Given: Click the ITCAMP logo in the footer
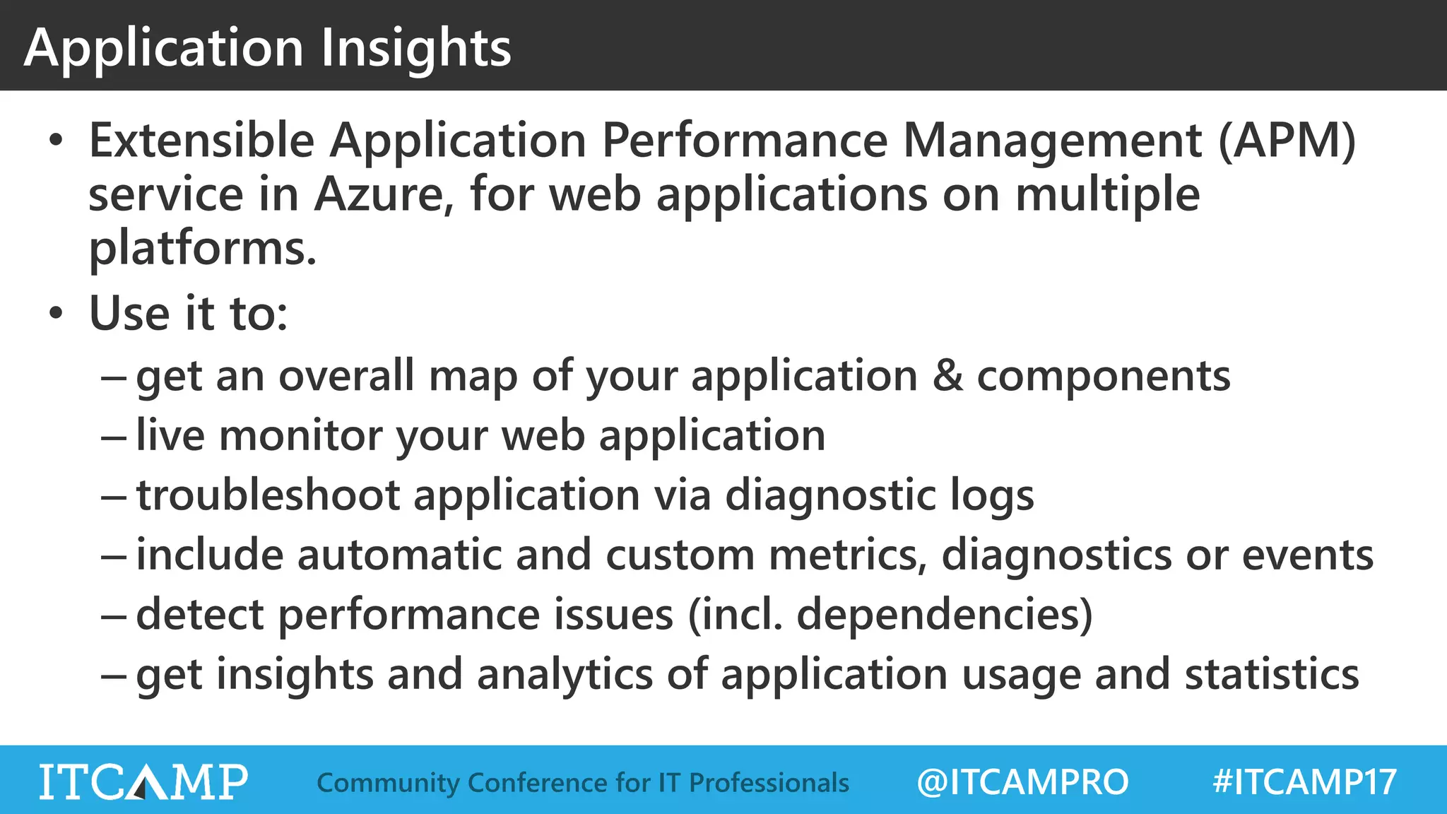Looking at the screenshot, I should point(143,781).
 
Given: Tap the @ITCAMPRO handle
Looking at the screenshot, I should point(1022,782).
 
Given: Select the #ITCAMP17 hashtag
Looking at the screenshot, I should point(1304,782).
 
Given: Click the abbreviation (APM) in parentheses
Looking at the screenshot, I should point(1287,141).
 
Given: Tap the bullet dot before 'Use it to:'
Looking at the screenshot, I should point(57,313).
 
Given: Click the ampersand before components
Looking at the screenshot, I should point(947,376).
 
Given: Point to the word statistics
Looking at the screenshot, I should point(1272,674).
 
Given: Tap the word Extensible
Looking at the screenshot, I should point(201,141).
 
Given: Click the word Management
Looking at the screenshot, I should point(1052,141).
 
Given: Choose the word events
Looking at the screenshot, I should point(1307,555).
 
